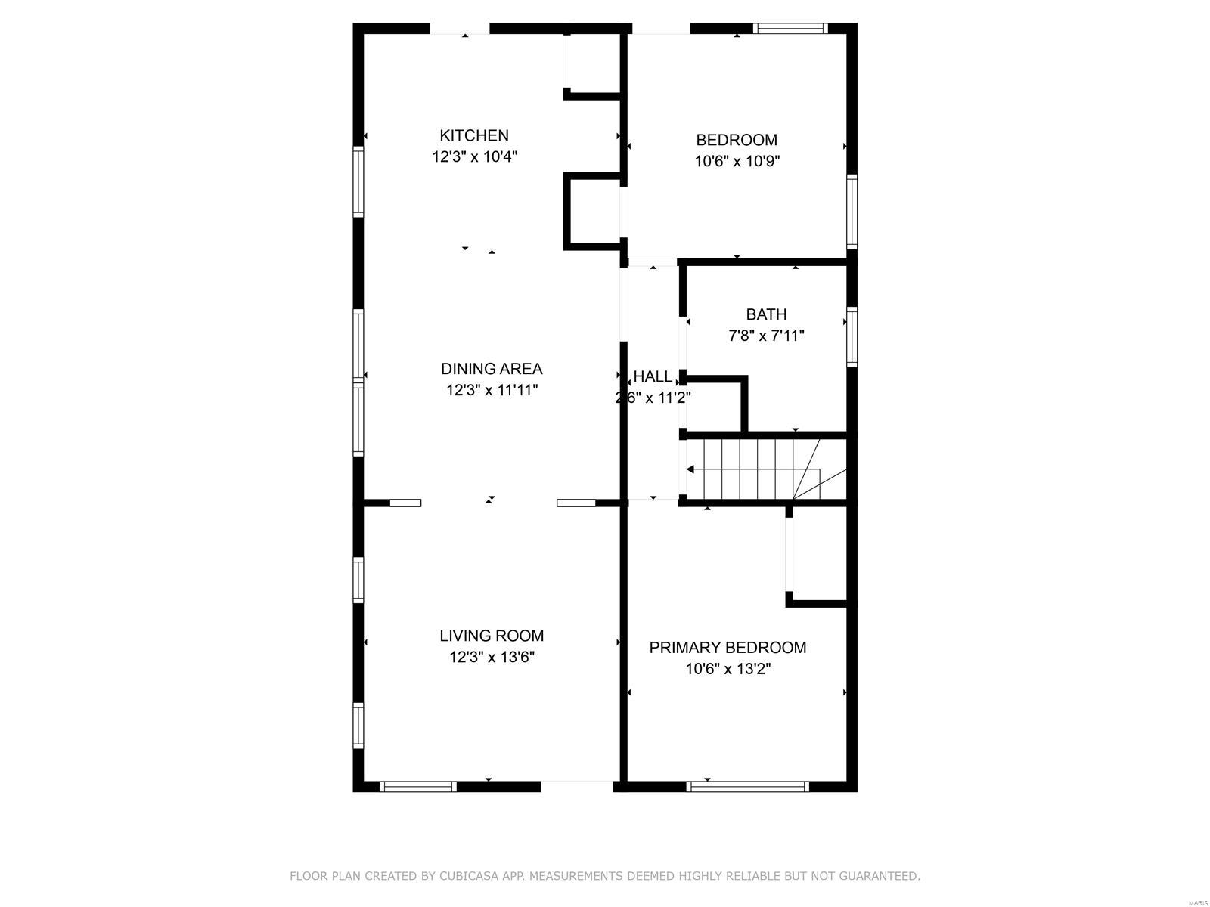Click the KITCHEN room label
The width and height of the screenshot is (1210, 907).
click(474, 135)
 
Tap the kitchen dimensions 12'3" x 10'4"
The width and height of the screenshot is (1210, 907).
click(474, 157)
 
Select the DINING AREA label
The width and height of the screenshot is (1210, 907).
click(492, 369)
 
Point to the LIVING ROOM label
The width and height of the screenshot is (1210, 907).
click(492, 636)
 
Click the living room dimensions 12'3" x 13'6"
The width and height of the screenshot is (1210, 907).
click(492, 658)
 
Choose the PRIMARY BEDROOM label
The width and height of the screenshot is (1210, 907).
click(728, 648)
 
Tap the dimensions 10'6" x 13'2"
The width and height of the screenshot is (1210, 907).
click(728, 669)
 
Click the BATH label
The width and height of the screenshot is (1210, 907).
click(766, 314)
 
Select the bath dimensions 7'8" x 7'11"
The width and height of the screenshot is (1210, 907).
click(766, 336)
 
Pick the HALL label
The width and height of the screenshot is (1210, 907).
click(653, 376)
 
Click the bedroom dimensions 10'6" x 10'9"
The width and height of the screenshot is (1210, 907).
click(737, 161)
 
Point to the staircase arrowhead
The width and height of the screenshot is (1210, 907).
click(690, 469)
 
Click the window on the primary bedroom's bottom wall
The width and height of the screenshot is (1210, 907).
click(747, 787)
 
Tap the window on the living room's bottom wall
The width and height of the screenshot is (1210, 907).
click(418, 787)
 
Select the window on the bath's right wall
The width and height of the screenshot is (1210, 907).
click(852, 337)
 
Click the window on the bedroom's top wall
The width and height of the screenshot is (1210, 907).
click(790, 29)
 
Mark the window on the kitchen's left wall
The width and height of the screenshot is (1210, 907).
click(358, 181)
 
